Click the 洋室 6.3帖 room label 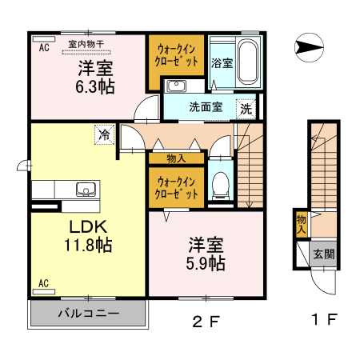[94, 78]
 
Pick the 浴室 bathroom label [222, 62]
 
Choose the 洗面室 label [205, 107]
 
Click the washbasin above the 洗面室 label [176, 86]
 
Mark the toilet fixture [219, 185]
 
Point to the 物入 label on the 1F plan [301, 222]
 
